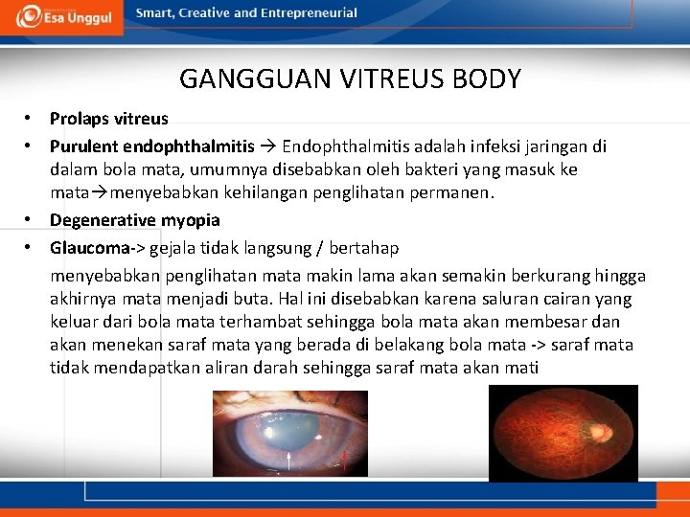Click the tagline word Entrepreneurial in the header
coord(309,13)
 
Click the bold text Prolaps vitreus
coord(108,120)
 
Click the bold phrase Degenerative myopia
coord(134,220)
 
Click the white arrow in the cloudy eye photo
coord(289,464)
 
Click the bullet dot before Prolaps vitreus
coord(30,119)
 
